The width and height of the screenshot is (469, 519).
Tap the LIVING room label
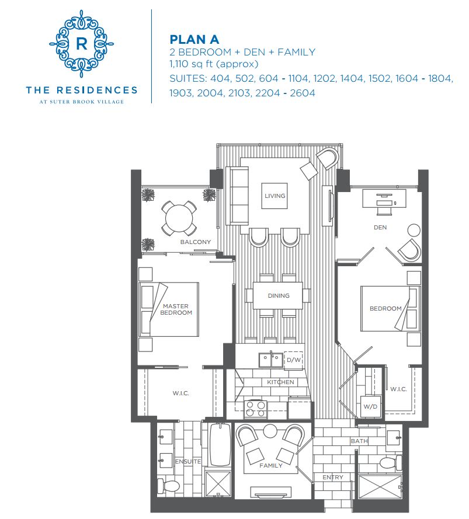pyautogui.click(x=274, y=196)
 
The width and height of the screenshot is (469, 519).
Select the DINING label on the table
pyautogui.click(x=279, y=295)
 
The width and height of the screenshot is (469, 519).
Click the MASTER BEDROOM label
pyautogui.click(x=176, y=309)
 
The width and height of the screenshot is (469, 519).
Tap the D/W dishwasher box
pyautogui.click(x=293, y=360)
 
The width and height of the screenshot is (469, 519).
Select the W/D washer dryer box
pyautogui.click(x=370, y=406)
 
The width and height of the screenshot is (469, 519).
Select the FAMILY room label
pyautogui.click(x=270, y=465)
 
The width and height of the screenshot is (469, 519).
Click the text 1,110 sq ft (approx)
pyautogui.click(x=213, y=64)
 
